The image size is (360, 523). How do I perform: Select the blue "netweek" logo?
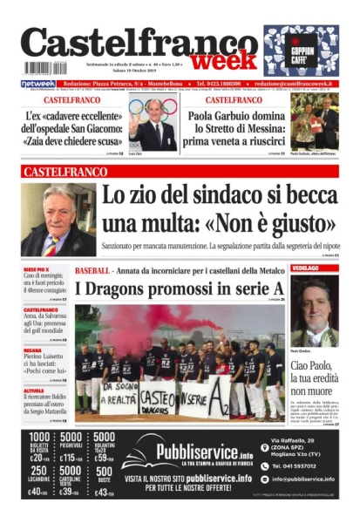pyautogui.click(x=37, y=84)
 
